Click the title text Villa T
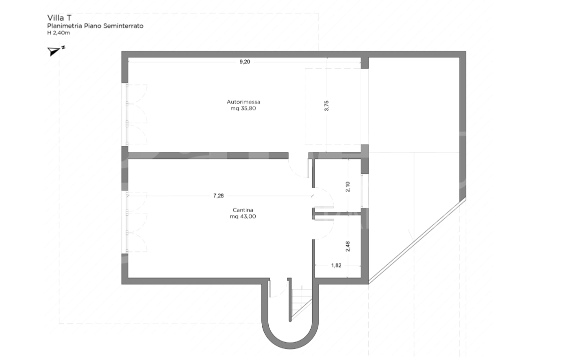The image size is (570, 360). (59, 17)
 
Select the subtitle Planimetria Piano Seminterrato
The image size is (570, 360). (95, 25)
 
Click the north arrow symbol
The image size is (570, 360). (55, 51)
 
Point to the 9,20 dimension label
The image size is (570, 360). (244, 62)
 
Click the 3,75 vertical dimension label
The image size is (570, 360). (326, 105)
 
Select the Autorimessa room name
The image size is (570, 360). (243, 102)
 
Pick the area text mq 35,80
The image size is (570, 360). (243, 108)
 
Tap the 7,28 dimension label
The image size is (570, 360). (218, 196)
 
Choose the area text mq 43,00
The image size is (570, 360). (243, 216)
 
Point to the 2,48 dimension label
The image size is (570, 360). (348, 246)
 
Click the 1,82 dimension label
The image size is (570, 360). (336, 265)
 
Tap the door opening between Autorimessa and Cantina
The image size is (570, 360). (298, 156)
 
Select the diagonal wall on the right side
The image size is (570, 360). (417, 240)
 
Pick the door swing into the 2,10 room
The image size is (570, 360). (324, 198)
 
